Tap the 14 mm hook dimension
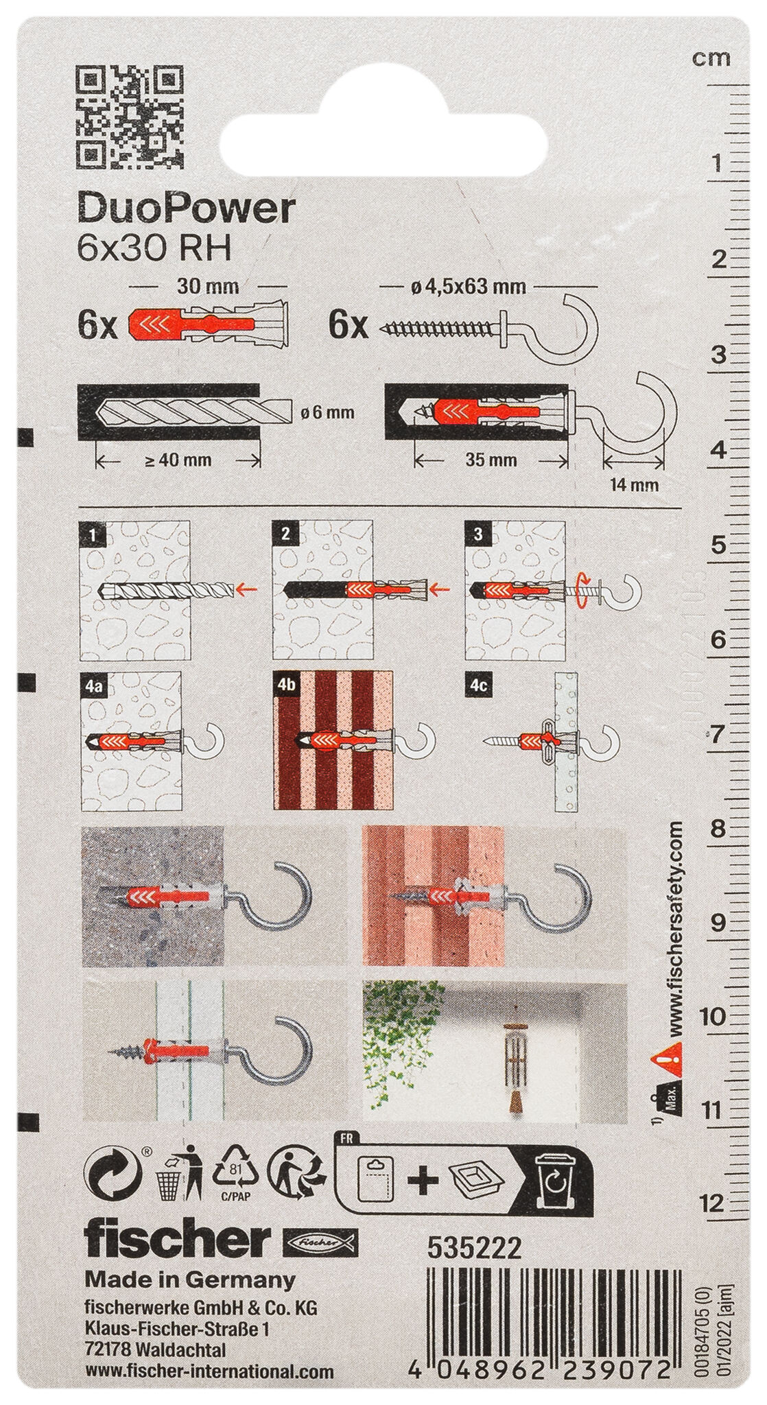(634, 485)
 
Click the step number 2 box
(285, 534)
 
